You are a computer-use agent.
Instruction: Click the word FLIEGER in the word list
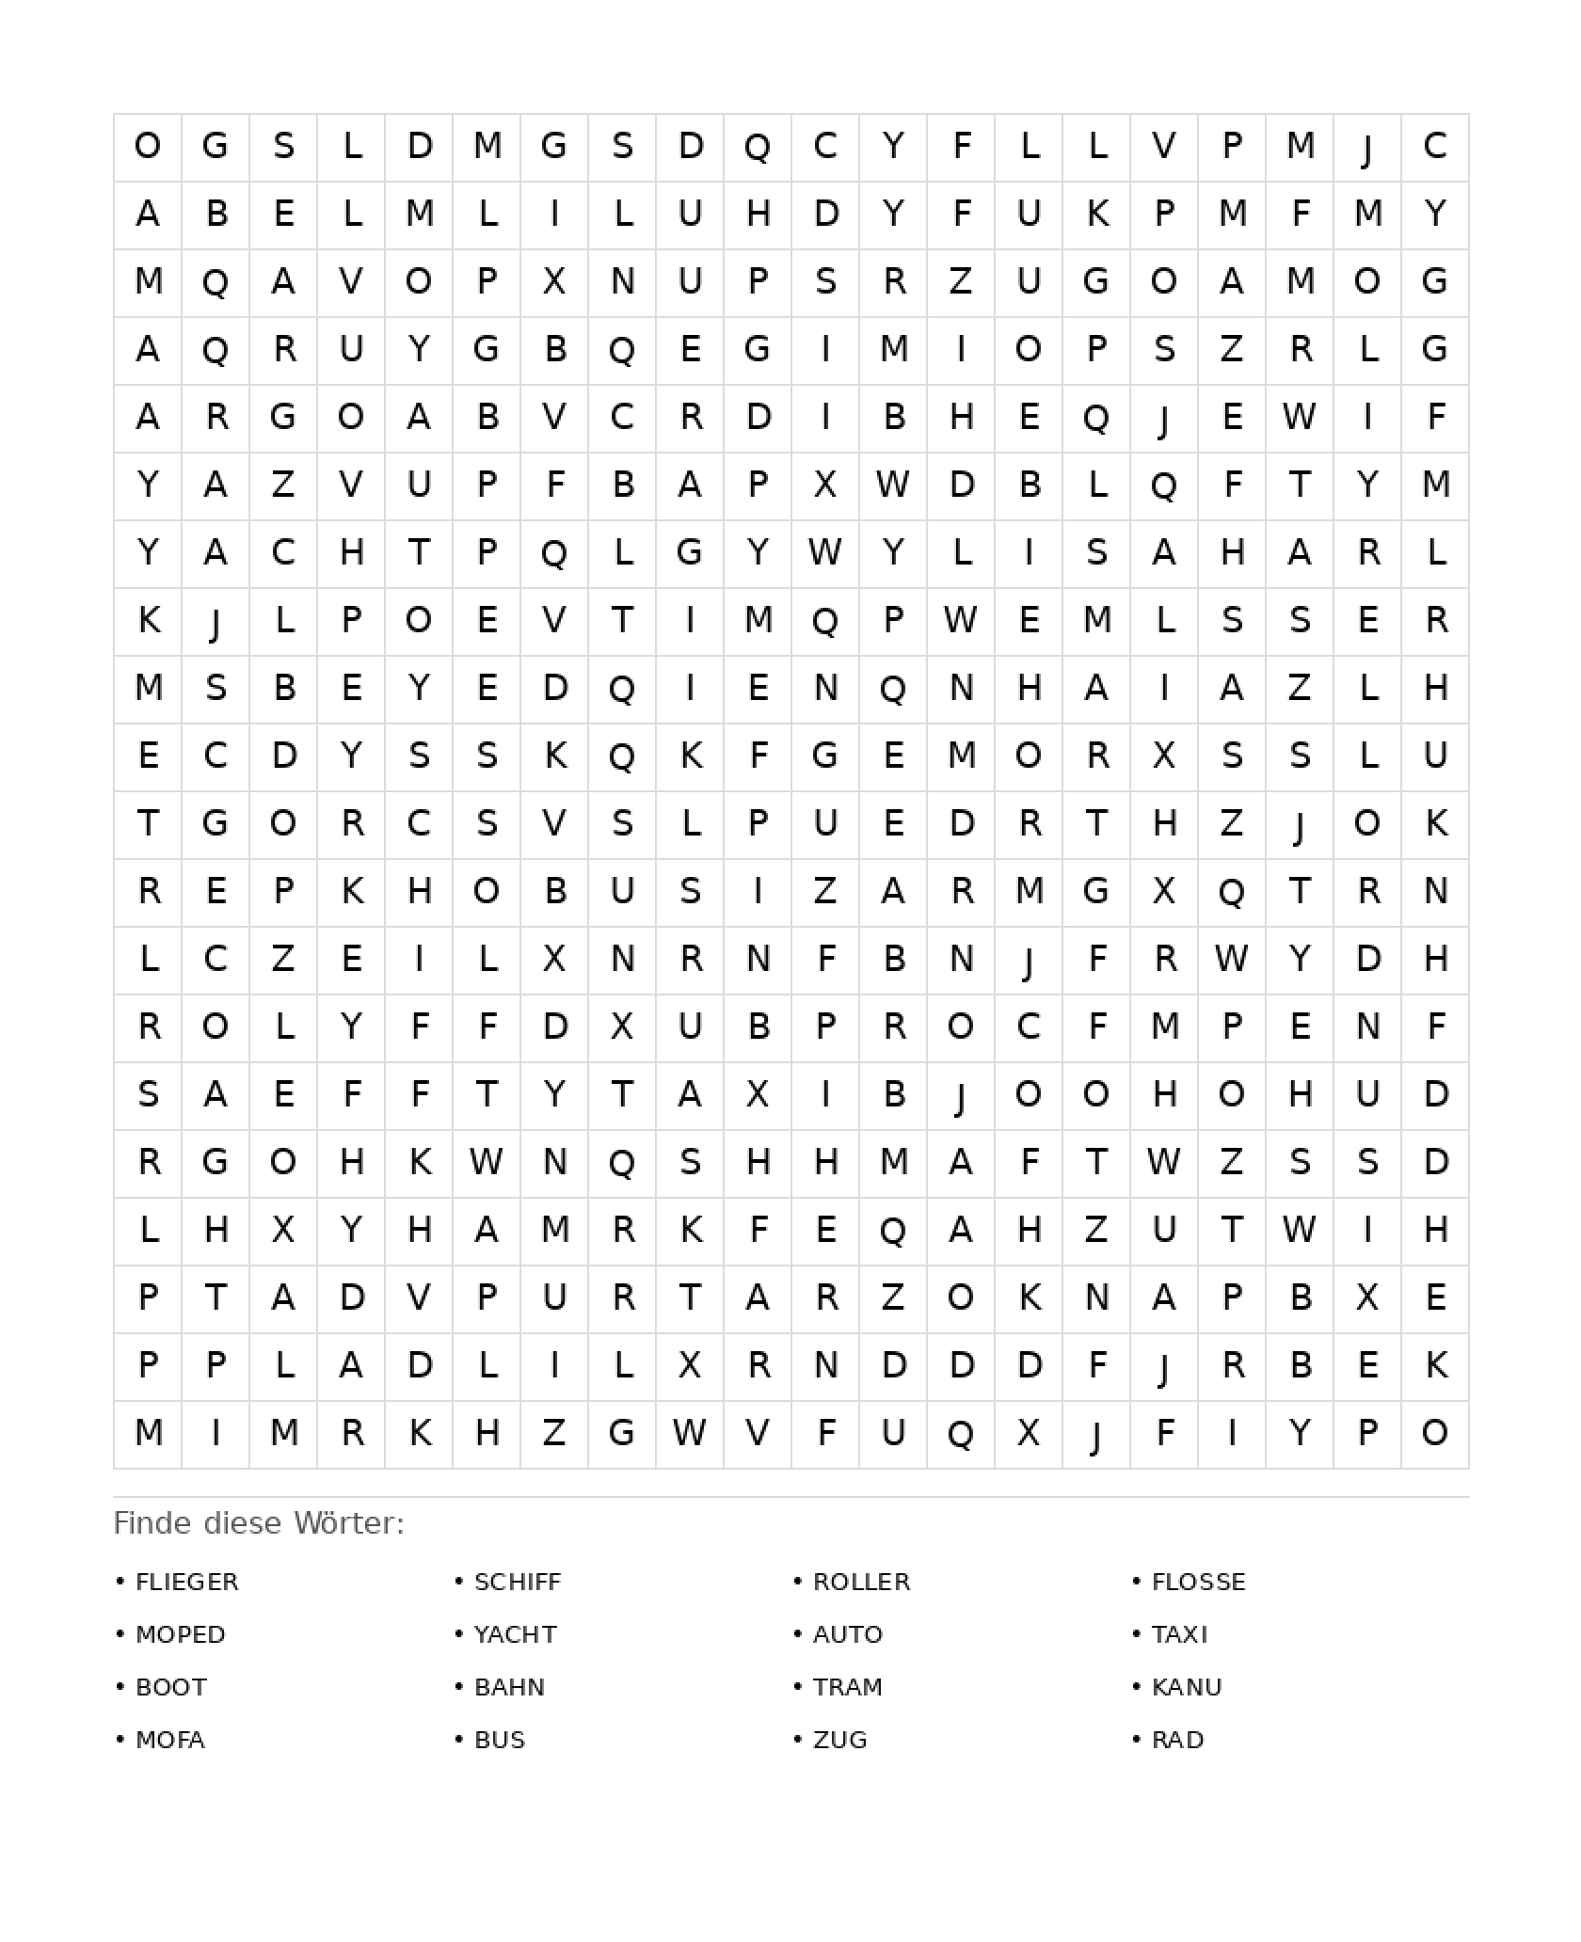(186, 1582)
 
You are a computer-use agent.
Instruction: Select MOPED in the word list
(180, 1634)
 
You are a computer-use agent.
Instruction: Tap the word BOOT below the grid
(170, 1687)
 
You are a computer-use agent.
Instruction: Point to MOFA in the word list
(169, 1740)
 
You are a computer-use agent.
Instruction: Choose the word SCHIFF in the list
(517, 1582)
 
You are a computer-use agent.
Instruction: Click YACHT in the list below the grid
(515, 1634)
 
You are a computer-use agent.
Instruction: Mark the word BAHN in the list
(509, 1687)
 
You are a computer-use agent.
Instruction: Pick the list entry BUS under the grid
(500, 1740)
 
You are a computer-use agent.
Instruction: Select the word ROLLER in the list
(861, 1582)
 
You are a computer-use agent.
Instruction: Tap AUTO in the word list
(847, 1634)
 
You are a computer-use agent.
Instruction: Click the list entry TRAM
(847, 1687)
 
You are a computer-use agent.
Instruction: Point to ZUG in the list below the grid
(839, 1740)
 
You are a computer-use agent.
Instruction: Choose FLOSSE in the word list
(1198, 1582)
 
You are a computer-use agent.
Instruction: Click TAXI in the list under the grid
(1179, 1634)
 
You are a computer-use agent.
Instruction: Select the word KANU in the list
(1187, 1687)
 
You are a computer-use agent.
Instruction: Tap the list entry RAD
(1177, 1740)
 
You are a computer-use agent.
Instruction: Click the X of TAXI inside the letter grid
(758, 1094)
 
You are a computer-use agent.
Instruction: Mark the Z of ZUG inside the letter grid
(961, 281)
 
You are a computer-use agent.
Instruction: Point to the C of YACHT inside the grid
(283, 552)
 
